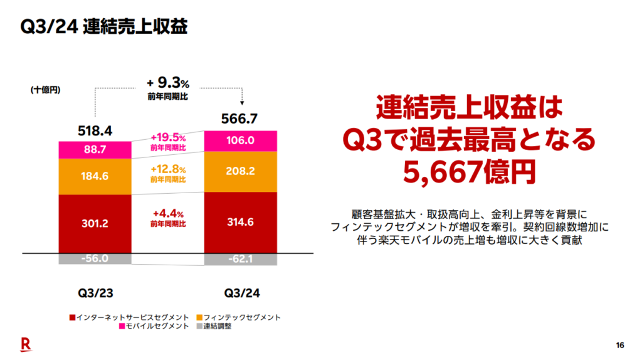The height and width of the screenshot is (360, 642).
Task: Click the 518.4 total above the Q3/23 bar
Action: click(95, 131)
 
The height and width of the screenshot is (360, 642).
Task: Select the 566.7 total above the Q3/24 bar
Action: click(241, 119)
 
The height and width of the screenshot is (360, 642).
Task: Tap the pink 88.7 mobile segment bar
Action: click(95, 150)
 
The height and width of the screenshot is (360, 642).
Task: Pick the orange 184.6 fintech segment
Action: click(95, 176)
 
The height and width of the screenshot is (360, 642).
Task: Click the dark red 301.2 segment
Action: click(95, 223)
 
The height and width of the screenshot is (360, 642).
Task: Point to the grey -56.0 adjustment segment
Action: click(95, 259)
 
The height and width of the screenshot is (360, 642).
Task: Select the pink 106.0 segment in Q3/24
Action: click(241, 140)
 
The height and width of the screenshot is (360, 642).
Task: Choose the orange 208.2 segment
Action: click(241, 171)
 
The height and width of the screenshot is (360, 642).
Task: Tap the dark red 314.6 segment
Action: click(241, 223)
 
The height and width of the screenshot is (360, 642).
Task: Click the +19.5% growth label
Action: click(168, 137)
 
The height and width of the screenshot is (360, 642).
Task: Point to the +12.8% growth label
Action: click(168, 169)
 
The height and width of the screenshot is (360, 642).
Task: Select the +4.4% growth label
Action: click(168, 213)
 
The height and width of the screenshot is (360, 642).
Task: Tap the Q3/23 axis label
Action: click(95, 293)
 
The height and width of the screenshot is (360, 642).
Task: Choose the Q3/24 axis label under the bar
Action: click(241, 293)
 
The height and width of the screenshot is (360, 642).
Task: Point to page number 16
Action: click(620, 346)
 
